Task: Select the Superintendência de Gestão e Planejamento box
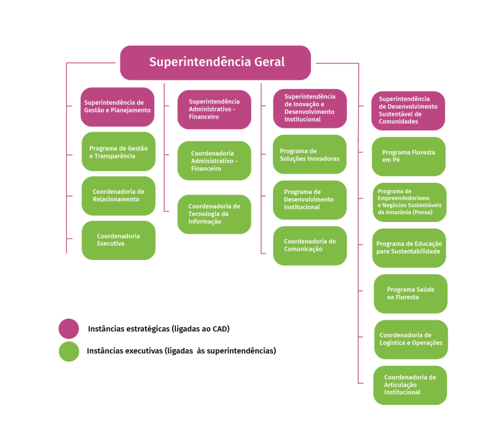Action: coord(117,107)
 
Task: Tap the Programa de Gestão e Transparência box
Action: coord(119,152)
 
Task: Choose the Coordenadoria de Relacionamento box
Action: coord(119,196)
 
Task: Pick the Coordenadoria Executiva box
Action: coord(119,240)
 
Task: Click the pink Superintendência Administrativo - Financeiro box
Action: coord(214,109)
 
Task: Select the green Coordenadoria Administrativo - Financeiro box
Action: coord(214,160)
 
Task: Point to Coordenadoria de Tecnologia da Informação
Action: coord(214,214)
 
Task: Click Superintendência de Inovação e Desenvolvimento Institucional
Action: coord(310,108)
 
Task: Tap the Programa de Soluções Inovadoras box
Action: coord(310,155)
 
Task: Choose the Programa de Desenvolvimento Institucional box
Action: coord(310,200)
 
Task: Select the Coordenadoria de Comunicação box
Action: coord(310,246)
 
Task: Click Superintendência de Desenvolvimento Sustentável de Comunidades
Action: coord(408,111)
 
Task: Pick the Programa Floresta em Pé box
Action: coord(409,157)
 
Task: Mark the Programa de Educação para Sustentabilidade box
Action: coord(409,248)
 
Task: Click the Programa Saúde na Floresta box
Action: coord(410,293)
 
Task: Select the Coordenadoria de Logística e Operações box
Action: coord(411,339)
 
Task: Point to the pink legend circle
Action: coord(69,329)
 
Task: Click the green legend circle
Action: coord(69,352)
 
